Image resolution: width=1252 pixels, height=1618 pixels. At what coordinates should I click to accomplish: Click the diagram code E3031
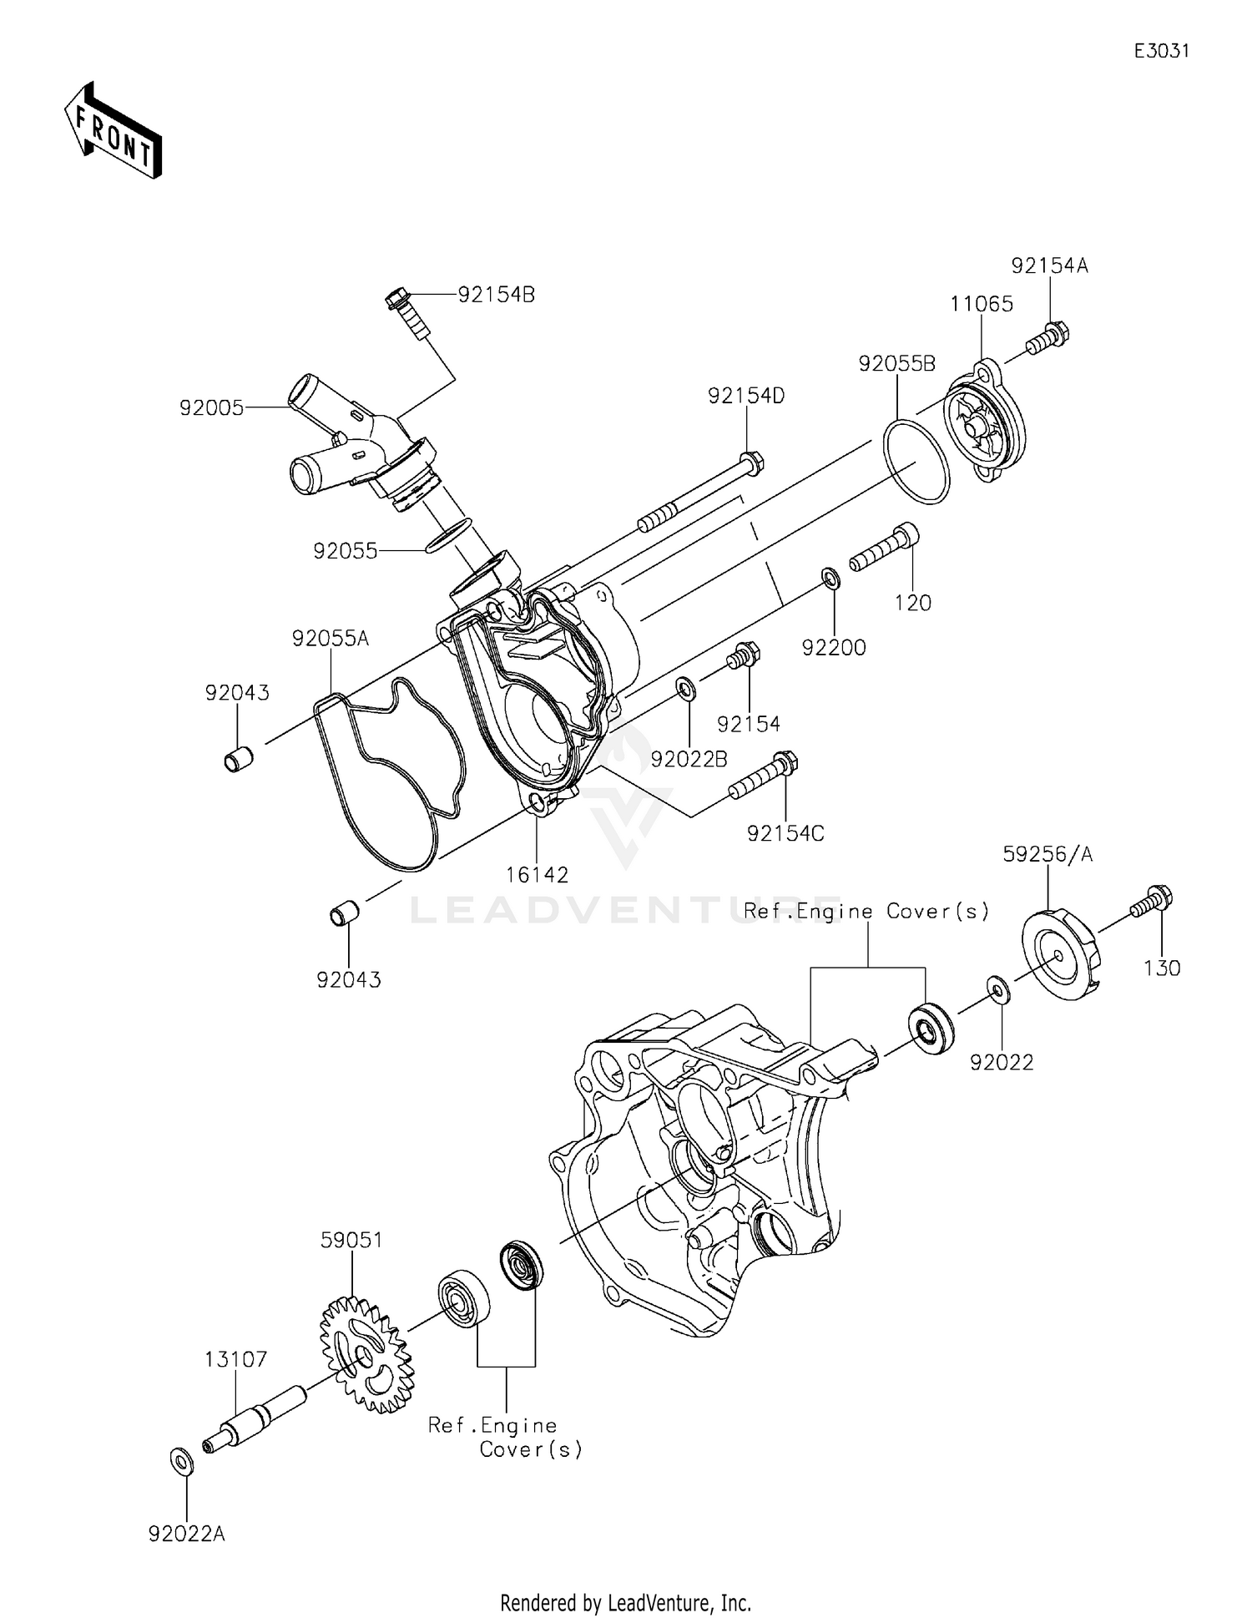1161,51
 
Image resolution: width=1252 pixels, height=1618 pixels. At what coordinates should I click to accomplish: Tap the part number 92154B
496,295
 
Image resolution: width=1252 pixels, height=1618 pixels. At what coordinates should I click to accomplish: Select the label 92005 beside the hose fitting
211,408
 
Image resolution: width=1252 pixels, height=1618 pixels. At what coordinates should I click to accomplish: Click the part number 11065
982,305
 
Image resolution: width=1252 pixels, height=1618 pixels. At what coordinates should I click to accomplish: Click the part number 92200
834,647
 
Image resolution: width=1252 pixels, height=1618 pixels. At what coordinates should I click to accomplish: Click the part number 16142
537,875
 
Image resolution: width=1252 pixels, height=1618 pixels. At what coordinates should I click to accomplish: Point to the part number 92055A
331,639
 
